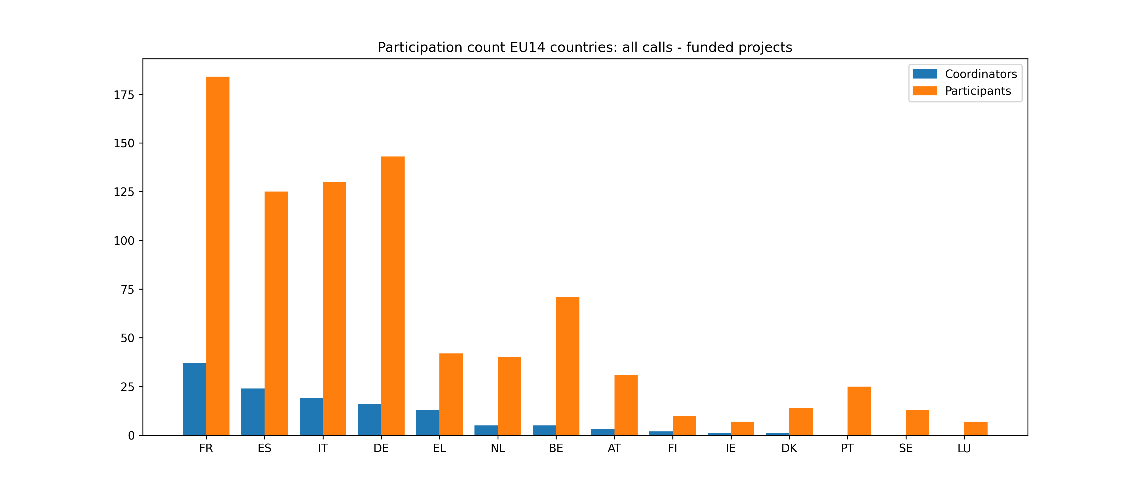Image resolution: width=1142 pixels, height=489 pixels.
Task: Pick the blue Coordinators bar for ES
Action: tap(253, 412)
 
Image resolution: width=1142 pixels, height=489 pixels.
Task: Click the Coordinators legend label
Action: tap(981, 74)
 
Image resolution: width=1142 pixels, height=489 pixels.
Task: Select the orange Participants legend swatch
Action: tap(924, 91)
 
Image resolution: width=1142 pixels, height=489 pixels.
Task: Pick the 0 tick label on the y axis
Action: tap(131, 436)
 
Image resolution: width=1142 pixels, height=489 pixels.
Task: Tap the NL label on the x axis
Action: tap(497, 448)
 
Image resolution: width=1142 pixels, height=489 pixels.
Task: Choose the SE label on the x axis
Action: tap(906, 448)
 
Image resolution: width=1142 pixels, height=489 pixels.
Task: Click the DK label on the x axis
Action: tap(789, 448)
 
